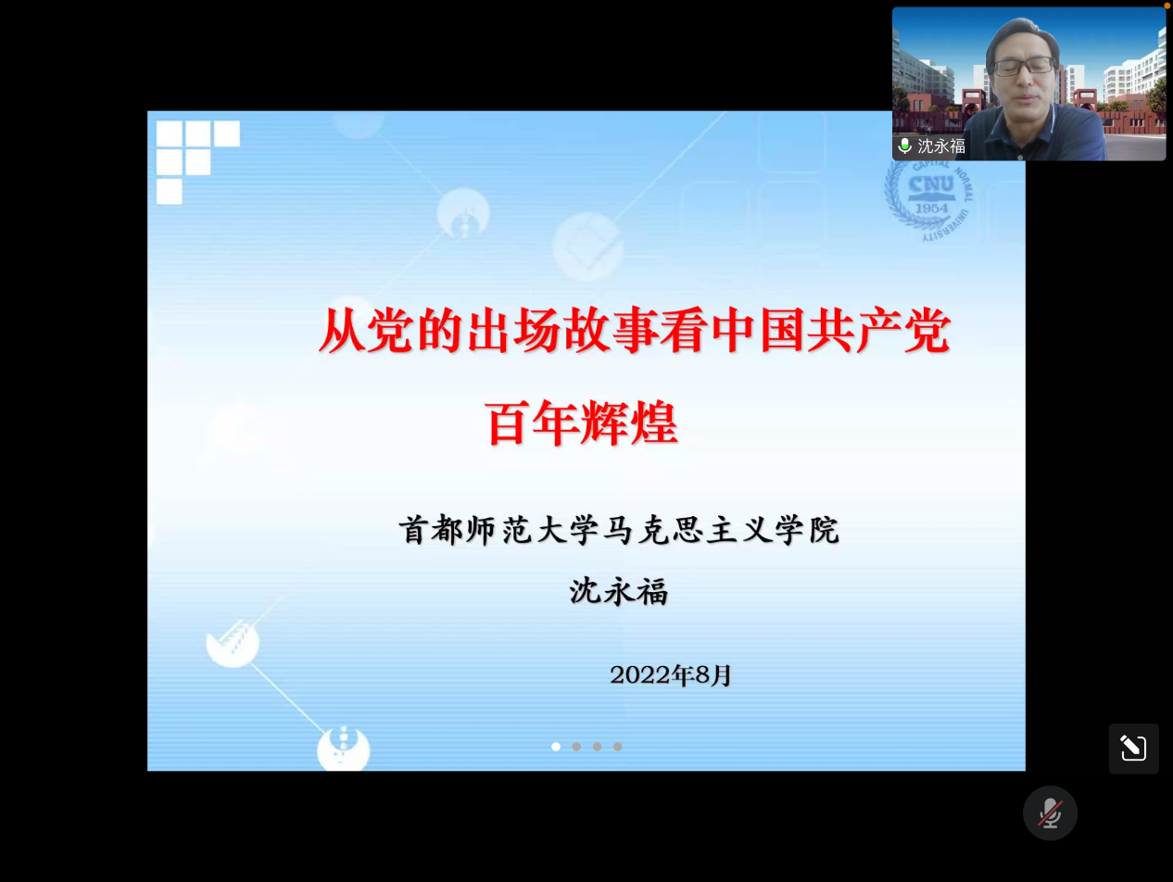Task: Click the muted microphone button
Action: pyautogui.click(x=1050, y=813)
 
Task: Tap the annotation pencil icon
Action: pyautogui.click(x=1133, y=749)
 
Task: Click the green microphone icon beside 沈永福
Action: pyautogui.click(x=904, y=145)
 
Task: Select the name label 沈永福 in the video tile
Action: pyautogui.click(x=941, y=145)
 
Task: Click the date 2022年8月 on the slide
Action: pyautogui.click(x=671, y=675)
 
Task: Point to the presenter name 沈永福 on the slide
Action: pyautogui.click(x=619, y=591)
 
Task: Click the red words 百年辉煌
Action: pyautogui.click(x=582, y=422)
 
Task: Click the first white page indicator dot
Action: pyautogui.click(x=556, y=747)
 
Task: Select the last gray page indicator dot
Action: pyautogui.click(x=618, y=747)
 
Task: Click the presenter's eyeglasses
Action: pyautogui.click(x=1023, y=67)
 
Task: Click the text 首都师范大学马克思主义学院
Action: pyautogui.click(x=619, y=530)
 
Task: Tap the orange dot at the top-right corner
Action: pyautogui.click(x=1167, y=6)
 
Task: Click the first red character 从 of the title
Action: pyautogui.click(x=342, y=332)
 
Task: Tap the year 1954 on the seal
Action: pyautogui.click(x=931, y=208)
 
